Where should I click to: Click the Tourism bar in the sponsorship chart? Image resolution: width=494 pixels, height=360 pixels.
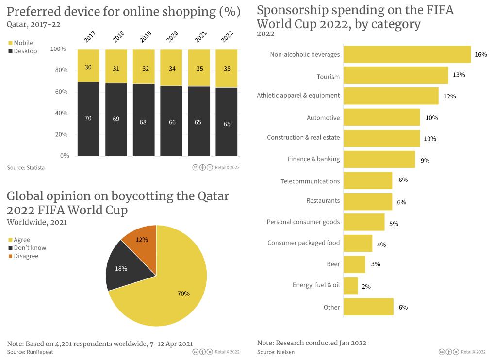coord(395,76)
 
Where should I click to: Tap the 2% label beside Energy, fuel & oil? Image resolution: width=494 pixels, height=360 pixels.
coord(366,287)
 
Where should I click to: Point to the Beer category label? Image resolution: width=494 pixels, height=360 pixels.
coord(333,264)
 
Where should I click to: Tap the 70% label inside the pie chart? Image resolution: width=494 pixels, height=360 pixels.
coord(183,294)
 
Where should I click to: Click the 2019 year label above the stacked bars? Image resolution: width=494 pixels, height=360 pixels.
coord(145,37)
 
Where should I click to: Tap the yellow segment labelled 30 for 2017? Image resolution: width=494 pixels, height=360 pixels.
coord(88,67)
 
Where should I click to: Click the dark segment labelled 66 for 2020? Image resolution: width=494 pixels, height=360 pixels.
coord(172,122)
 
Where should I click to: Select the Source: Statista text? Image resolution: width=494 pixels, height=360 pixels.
coord(26,168)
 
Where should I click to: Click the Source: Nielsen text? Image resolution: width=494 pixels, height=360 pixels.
coord(276,352)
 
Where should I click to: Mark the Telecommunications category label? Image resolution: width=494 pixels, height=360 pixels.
coord(310,181)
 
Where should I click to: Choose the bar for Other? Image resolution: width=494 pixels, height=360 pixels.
coord(368,307)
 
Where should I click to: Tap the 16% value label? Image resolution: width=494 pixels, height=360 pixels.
coord(480,55)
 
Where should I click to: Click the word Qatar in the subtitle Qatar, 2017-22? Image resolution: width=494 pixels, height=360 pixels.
coord(17,24)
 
